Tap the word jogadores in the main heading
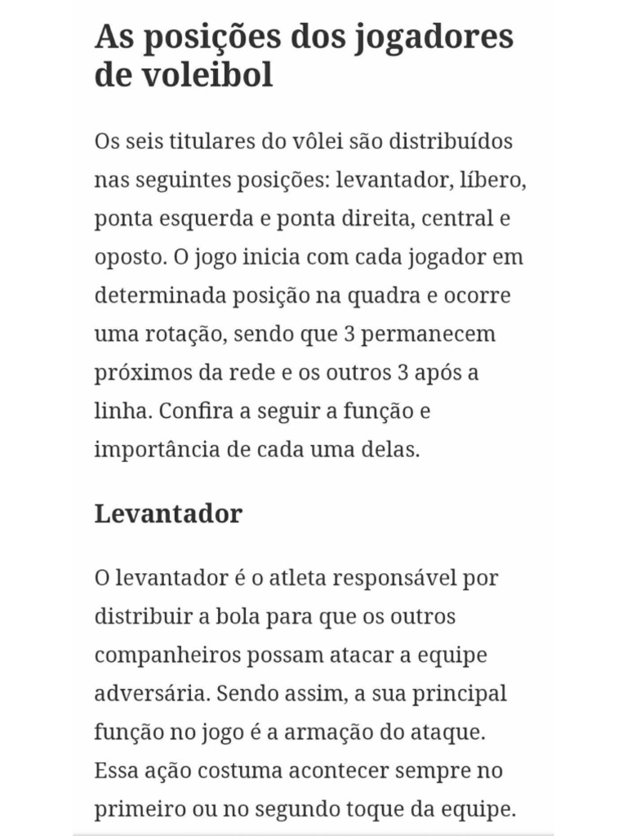point(434,37)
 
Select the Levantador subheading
point(168,514)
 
